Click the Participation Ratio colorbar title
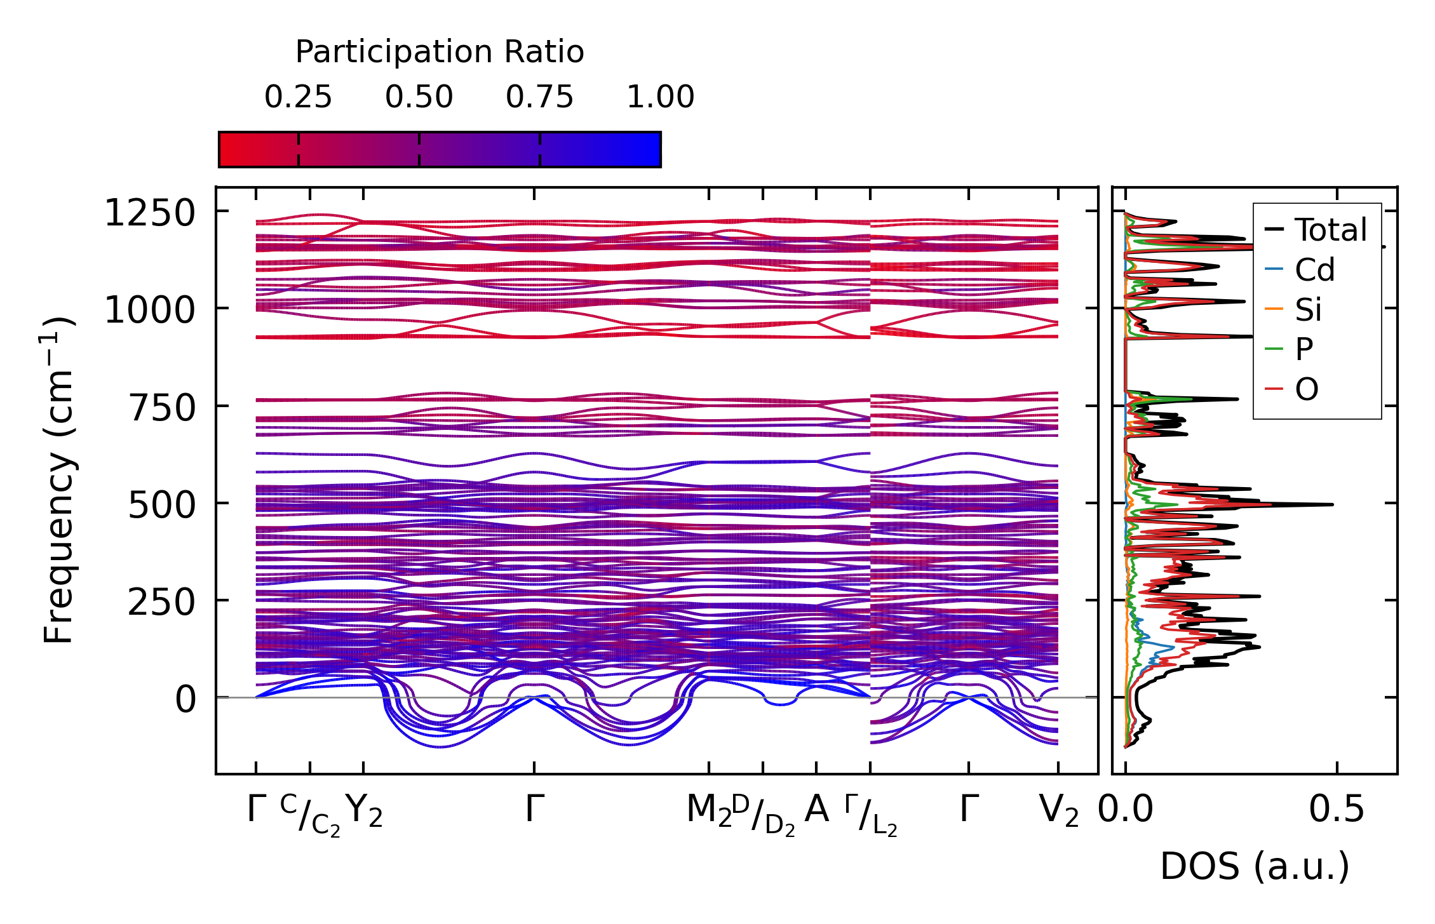[x=440, y=52]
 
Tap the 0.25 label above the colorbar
[x=298, y=97]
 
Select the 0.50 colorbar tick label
[x=419, y=97]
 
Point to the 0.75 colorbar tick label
[x=539, y=97]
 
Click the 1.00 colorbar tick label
[x=660, y=97]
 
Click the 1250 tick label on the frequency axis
[x=149, y=213]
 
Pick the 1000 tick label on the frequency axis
[x=149, y=311]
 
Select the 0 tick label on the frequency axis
[x=185, y=700]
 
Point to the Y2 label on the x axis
[x=364, y=810]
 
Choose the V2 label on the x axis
[x=1058, y=810]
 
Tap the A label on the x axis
[x=816, y=809]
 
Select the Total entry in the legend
[x=1330, y=230]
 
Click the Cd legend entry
[x=1314, y=270]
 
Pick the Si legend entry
[x=1308, y=310]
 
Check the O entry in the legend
[x=1306, y=389]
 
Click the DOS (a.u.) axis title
[x=1255, y=866]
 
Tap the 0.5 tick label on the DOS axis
[x=1337, y=810]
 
